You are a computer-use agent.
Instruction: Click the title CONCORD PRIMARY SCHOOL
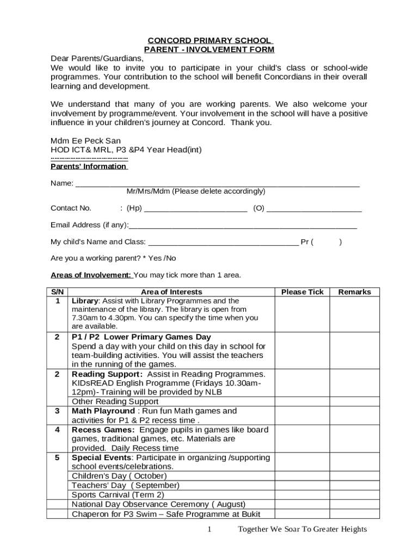coord(209,40)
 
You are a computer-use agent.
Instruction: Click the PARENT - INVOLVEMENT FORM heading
coord(209,49)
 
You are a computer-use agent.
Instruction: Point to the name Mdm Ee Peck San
coord(85,140)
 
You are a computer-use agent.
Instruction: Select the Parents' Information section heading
coord(89,166)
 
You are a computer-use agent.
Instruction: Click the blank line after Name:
coord(217,183)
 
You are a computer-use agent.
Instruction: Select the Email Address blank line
coord(243,225)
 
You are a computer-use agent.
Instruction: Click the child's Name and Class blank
coord(223,242)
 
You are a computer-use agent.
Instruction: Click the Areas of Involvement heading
coord(91,275)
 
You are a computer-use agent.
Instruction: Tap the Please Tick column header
coord(302,292)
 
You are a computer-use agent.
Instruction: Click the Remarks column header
coord(354,292)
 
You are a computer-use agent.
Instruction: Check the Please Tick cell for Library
coord(302,314)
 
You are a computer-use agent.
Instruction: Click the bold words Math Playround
coord(103,411)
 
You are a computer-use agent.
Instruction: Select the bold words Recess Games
coord(103,430)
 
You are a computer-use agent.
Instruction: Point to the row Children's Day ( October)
coord(119,476)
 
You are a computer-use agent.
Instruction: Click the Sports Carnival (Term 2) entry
coord(118,494)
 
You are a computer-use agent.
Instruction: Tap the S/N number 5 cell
coord(57,457)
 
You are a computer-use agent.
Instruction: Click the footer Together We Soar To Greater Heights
coord(302,530)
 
